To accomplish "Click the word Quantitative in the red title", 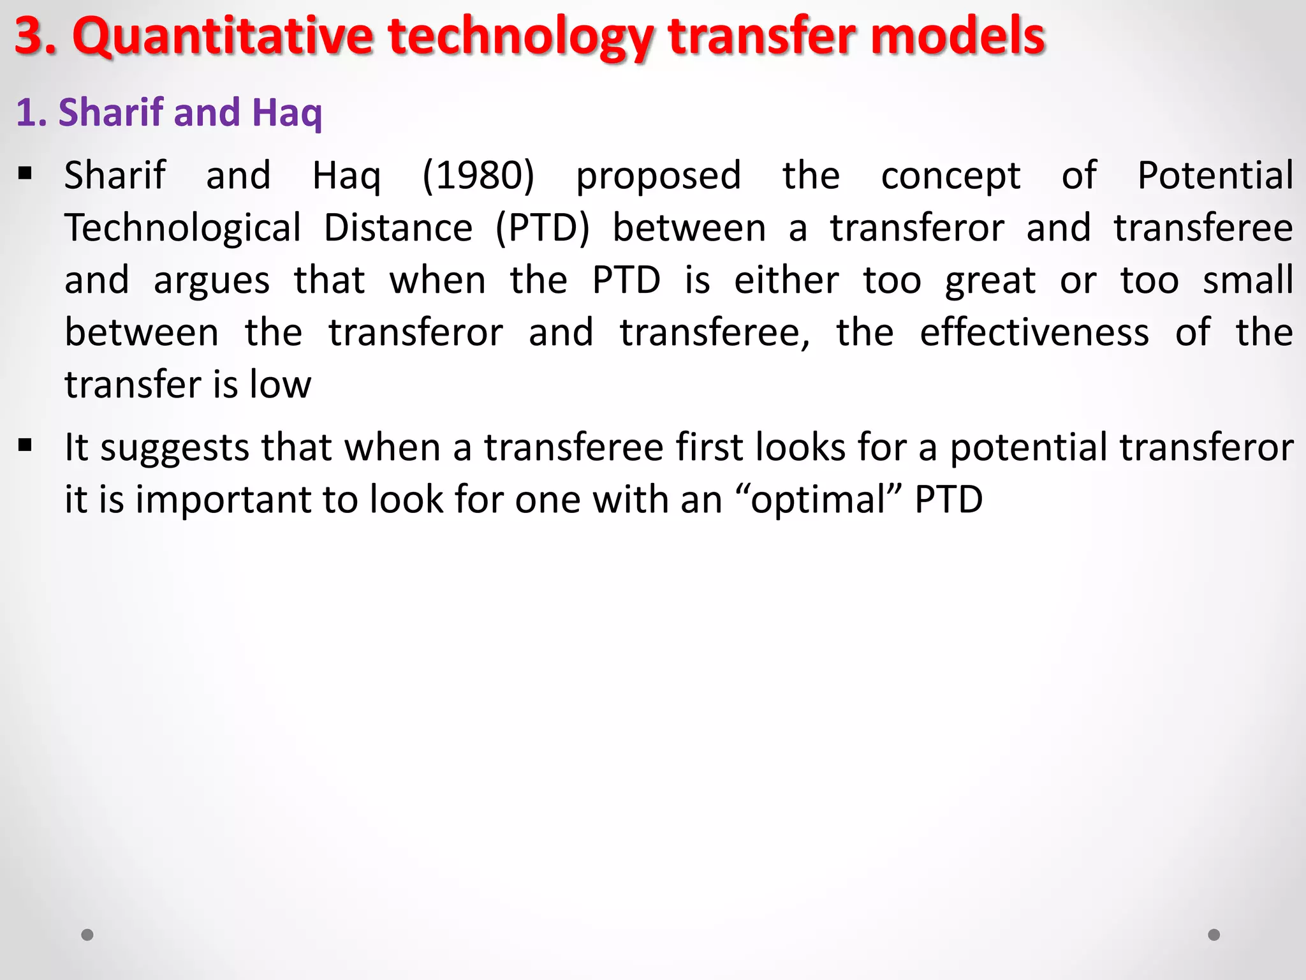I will [x=223, y=36].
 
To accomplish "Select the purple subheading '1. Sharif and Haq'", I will [x=169, y=112].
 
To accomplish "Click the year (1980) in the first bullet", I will [x=478, y=175].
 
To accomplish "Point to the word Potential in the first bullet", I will [x=1215, y=175].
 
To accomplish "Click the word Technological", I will [x=183, y=228].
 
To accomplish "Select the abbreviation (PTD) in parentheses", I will [x=543, y=228].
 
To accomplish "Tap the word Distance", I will [x=398, y=228].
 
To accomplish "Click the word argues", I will [x=212, y=281].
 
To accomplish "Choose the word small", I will [x=1248, y=281].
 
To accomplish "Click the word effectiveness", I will [x=1034, y=332].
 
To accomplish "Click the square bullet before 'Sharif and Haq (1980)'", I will [x=26, y=173].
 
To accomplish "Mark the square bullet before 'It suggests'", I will [x=26, y=445].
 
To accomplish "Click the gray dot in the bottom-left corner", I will [x=87, y=935].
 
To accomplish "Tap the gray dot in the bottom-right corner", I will [x=1214, y=935].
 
